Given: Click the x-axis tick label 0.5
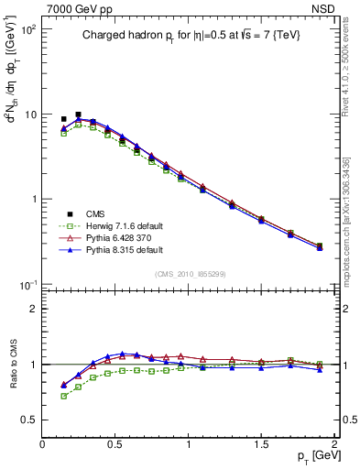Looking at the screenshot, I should pos(115,444).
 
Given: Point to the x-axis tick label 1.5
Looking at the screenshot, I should pos(262,444).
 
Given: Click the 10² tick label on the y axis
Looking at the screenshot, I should pos(27,30).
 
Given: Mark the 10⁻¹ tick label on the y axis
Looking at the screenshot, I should pos(27,285).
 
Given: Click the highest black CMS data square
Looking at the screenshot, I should pos(78,115).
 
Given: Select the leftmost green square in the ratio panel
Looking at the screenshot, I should pos(63,396).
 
